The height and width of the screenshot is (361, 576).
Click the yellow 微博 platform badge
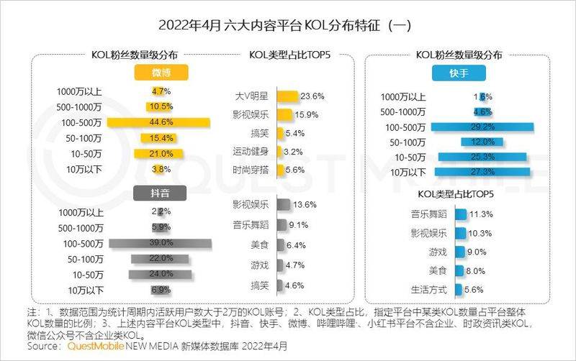pyautogui.click(x=161, y=73)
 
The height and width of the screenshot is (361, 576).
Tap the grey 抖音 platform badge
pyautogui.click(x=161, y=192)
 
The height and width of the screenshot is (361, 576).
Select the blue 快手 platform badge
pyautogui.click(x=459, y=73)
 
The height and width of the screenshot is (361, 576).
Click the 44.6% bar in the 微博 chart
pyautogui.click(x=159, y=122)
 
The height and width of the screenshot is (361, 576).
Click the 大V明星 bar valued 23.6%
pyautogui.click(x=287, y=96)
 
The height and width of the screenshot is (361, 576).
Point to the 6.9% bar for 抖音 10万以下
pyautogui.click(x=161, y=290)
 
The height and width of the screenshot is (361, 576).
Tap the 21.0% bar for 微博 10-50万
pyautogui.click(x=159, y=154)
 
